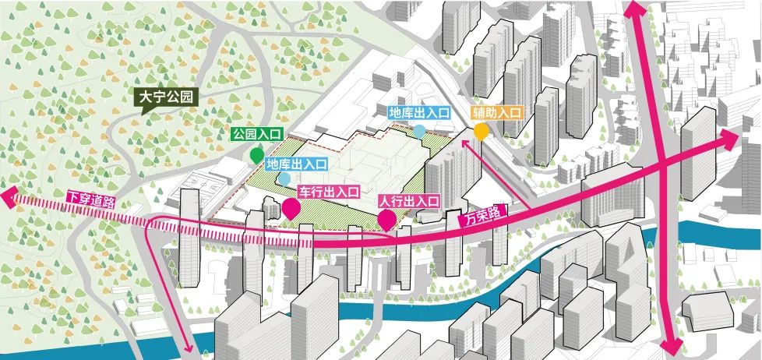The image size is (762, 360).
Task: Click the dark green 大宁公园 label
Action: [167, 98]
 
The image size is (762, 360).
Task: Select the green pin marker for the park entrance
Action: [256, 154]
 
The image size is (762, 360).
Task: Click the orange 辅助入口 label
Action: [497, 113]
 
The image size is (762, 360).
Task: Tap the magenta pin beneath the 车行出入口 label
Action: [291, 208]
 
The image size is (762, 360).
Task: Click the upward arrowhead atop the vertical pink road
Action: [633, 10]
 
